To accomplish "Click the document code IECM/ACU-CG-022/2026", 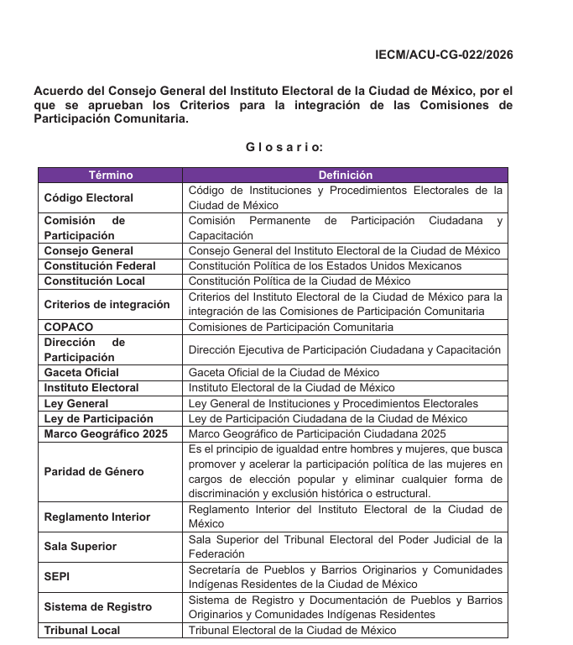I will click(444, 55).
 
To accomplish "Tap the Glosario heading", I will click(284, 147).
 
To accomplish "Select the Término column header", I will click(110, 176).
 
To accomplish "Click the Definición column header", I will click(345, 176).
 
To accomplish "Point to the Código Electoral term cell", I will click(88, 198).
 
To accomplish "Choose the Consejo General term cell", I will click(88, 251).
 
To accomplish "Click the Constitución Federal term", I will click(100, 266).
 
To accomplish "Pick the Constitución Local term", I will click(94, 281).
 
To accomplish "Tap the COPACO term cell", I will click(69, 327).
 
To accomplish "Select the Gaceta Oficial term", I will click(81, 373).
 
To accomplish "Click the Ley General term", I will click(76, 403).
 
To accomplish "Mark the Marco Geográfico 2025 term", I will click(106, 434).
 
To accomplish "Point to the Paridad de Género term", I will click(93, 472).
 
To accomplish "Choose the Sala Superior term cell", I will click(80, 547).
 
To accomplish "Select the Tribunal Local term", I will click(81, 631).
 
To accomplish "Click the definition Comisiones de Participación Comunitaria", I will click(290, 327).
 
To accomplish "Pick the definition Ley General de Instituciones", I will click(333, 403).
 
